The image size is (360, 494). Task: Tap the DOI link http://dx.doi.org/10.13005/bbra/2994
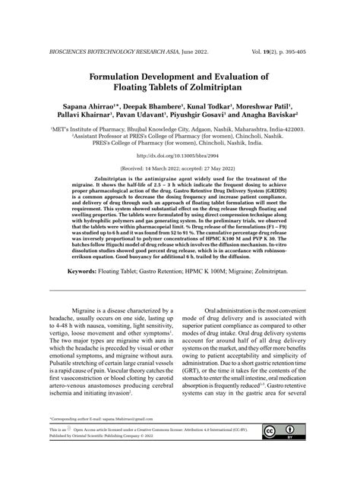click(180, 156)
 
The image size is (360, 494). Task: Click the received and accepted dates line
click(180, 168)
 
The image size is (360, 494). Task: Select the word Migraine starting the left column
click(84, 312)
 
